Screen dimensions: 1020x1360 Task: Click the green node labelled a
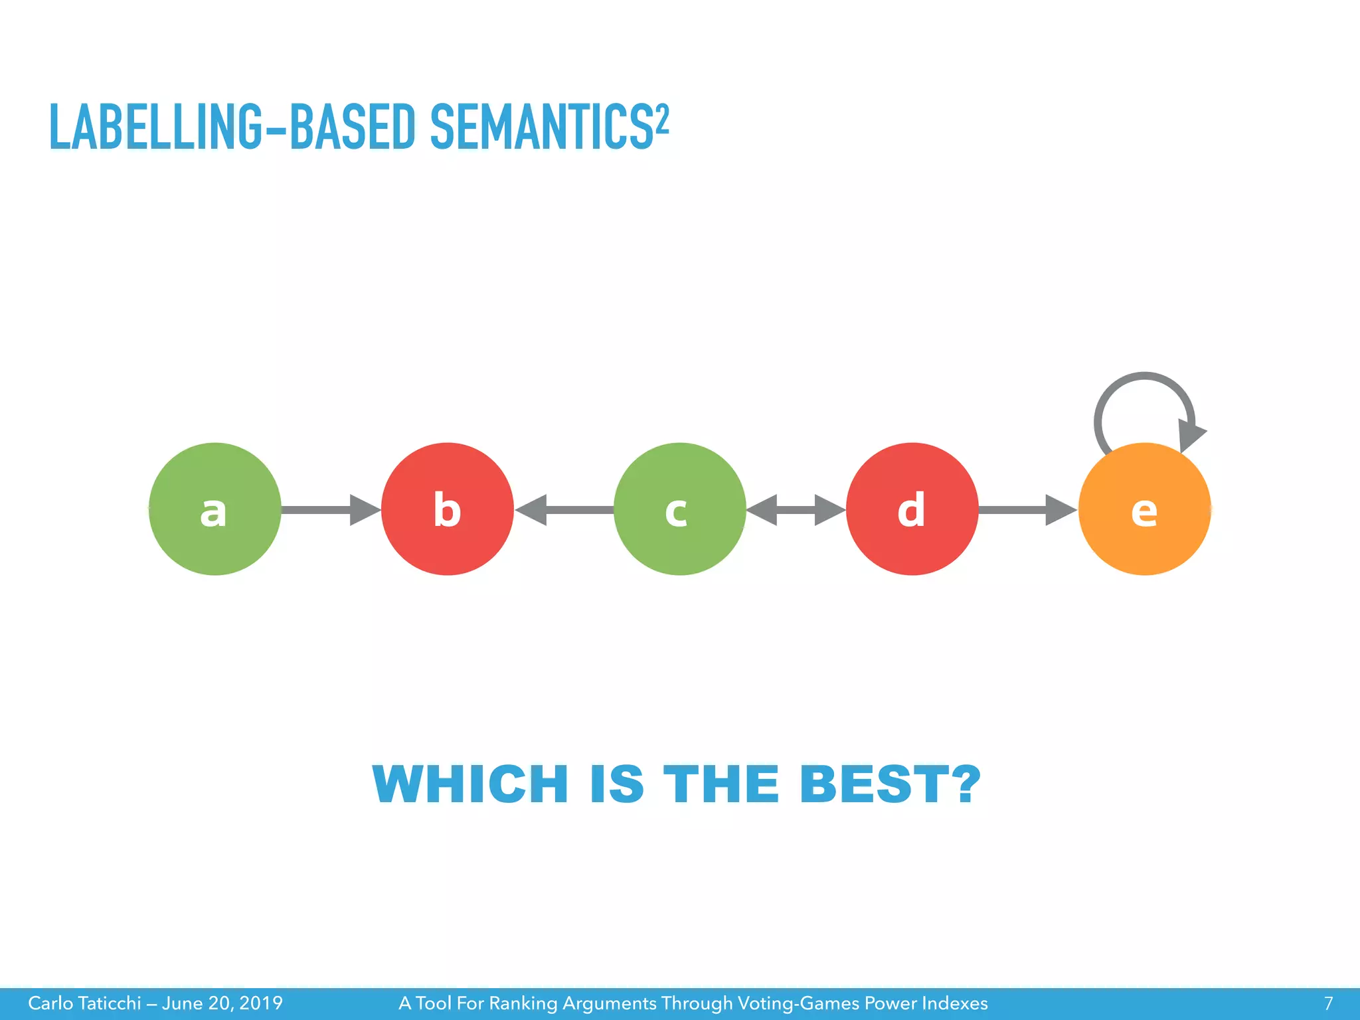click(x=214, y=509)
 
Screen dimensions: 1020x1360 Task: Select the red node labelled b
click(x=447, y=509)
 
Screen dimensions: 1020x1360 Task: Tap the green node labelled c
click(x=679, y=509)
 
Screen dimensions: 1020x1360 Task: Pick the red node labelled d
click(x=912, y=509)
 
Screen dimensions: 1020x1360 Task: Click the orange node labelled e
click(x=1144, y=509)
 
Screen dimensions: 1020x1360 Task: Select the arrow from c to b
click(x=564, y=510)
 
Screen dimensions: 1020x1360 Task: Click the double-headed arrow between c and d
click(x=796, y=510)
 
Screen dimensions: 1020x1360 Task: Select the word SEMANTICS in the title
click(x=541, y=127)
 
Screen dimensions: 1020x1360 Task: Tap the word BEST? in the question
click(x=890, y=784)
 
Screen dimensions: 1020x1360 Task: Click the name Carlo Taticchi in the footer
click(x=84, y=1003)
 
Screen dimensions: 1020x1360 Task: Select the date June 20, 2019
click(x=222, y=1003)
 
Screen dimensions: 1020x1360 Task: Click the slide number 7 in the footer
click(x=1328, y=1003)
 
